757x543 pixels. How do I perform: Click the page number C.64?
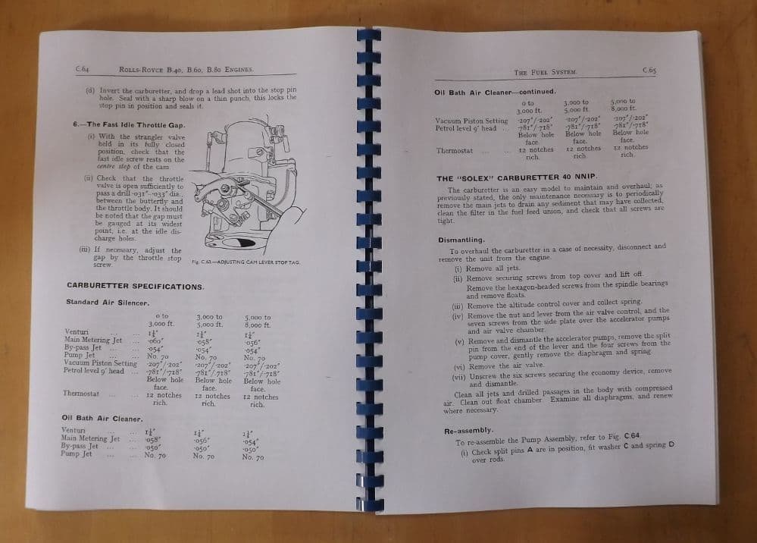[x=83, y=70]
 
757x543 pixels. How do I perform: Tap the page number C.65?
[x=649, y=71]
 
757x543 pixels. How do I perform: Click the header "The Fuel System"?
[x=546, y=71]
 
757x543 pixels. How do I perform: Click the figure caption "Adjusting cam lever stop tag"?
[x=246, y=262]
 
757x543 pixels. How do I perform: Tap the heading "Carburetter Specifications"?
[x=135, y=286]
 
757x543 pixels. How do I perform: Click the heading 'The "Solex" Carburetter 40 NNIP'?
[x=517, y=177]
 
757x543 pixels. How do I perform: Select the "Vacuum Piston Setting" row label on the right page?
[x=471, y=121]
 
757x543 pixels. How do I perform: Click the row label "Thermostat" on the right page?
[x=455, y=150]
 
